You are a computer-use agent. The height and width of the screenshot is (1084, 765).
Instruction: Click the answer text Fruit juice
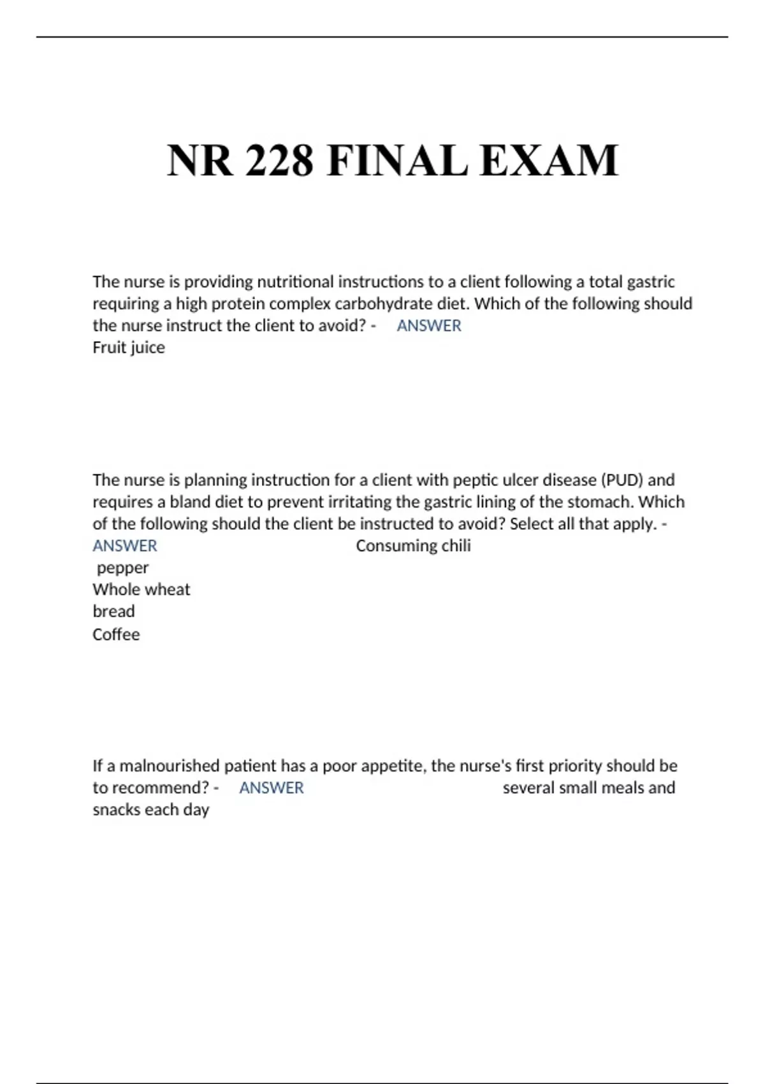click(129, 348)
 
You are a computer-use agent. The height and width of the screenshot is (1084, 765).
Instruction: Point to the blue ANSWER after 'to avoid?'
click(428, 326)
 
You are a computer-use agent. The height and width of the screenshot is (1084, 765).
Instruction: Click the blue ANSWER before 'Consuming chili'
click(124, 546)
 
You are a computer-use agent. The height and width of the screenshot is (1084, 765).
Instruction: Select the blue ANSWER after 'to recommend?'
click(271, 788)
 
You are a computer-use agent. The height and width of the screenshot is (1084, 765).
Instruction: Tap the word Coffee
click(116, 634)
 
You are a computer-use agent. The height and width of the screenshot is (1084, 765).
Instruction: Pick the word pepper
click(122, 568)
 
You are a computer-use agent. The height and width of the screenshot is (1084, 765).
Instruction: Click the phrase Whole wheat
click(141, 590)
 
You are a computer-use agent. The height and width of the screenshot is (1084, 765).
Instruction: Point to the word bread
click(113, 612)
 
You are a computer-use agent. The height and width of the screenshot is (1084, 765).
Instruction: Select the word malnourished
click(170, 766)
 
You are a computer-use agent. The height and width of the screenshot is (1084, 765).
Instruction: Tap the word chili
click(456, 546)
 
